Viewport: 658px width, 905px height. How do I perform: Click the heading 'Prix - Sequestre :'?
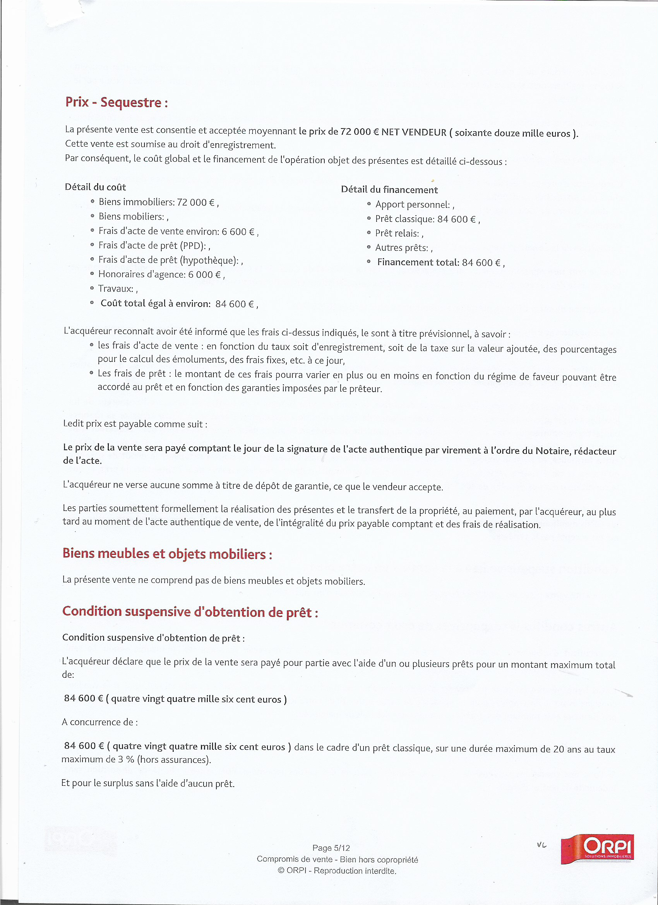point(117,103)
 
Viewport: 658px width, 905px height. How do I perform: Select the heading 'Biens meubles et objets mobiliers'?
point(167,554)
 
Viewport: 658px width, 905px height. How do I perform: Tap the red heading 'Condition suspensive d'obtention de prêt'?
point(190,612)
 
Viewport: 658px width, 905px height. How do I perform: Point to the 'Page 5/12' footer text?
point(331,848)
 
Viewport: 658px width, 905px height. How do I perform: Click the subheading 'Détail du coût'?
point(95,187)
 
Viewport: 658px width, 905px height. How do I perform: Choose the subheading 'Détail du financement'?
point(389,190)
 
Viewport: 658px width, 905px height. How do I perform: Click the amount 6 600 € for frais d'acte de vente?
point(238,232)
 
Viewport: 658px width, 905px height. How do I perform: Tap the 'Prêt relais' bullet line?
point(399,233)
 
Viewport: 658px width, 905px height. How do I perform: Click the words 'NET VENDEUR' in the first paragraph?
point(413,132)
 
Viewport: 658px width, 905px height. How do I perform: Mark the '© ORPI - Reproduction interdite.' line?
point(337,871)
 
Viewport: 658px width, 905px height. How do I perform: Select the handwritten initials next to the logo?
point(541,845)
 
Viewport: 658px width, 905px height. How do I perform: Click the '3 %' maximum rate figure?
point(126,760)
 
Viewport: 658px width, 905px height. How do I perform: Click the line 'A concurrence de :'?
point(100,722)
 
